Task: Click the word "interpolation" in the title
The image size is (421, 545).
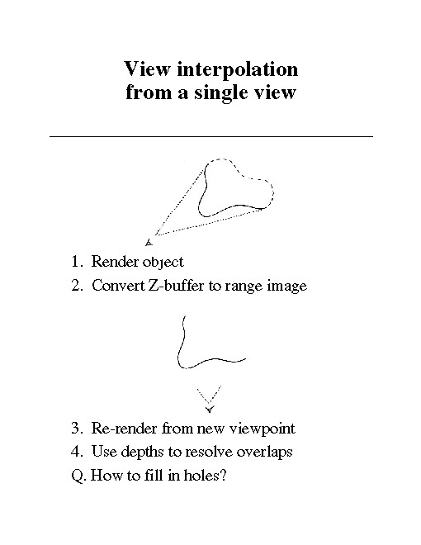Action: click(237, 69)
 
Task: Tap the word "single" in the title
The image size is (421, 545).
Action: click(221, 92)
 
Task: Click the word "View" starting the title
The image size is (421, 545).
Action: click(147, 69)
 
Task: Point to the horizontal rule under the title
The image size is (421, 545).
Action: click(211, 136)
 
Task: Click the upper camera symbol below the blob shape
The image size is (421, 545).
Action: click(149, 242)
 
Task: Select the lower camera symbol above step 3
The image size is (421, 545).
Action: click(210, 409)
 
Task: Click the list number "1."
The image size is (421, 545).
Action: click(77, 262)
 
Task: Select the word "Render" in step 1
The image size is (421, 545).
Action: click(115, 262)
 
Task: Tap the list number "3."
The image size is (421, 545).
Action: click(77, 428)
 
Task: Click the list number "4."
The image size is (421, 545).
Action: click(77, 451)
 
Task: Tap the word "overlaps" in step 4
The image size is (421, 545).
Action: click(264, 453)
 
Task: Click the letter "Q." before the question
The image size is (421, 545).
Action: click(78, 476)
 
